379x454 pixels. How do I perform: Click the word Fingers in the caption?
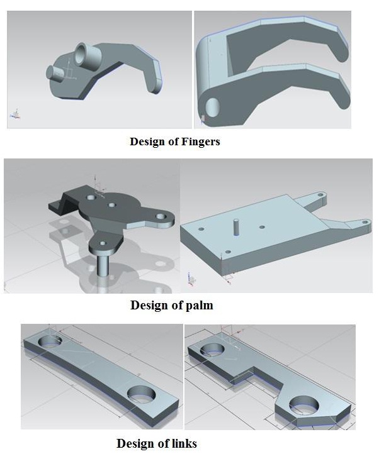coord(200,141)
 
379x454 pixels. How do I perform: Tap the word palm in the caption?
coord(199,305)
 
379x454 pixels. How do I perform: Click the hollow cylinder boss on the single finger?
coord(87,54)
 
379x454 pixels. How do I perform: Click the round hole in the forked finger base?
coord(213,108)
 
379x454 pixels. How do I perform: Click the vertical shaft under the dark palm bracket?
coord(103,265)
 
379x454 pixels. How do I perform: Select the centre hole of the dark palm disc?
coord(112,205)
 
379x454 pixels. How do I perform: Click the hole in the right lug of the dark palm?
coord(160,216)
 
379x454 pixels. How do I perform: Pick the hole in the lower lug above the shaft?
coord(102,243)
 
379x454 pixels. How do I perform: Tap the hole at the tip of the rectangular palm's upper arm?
coord(320,195)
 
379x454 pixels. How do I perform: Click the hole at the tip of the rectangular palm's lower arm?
coord(365,222)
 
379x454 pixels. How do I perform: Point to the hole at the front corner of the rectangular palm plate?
coord(228,252)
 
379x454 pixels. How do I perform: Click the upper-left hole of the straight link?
coord(50,341)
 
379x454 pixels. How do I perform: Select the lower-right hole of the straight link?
coord(142,395)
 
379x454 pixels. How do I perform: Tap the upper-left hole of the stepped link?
coord(213,349)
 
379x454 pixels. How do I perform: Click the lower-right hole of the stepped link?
coord(304,404)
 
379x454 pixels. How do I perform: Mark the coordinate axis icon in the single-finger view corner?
coord(15,114)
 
